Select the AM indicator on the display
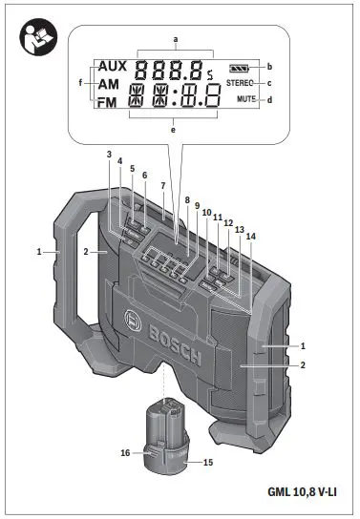pos(109,85)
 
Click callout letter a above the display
pos(176,37)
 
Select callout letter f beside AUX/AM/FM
pos(80,83)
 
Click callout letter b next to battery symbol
pos(270,67)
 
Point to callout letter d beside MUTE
pos(270,100)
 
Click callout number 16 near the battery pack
pos(124,454)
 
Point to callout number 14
pos(251,236)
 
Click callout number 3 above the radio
pos(109,155)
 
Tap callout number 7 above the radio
pos(163,185)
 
